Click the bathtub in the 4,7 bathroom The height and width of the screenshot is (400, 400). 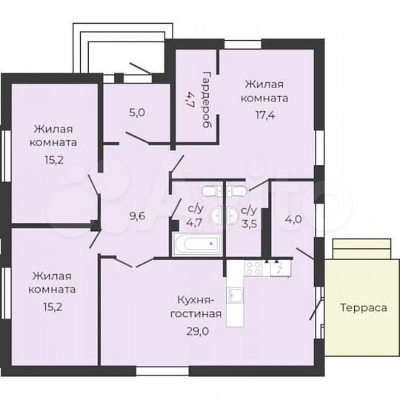coord(197,244)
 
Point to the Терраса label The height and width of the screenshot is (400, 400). coord(364,307)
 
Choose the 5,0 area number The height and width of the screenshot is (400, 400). coord(137,113)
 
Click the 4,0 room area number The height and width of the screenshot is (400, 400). coord(293,219)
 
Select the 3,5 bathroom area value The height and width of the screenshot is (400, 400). coord(249,220)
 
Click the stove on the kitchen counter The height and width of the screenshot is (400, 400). coord(255,267)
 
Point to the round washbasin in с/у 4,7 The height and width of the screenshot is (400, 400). coord(216,216)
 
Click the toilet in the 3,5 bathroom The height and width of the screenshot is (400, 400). coord(236,191)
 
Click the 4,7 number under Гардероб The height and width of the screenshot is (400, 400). coord(189,97)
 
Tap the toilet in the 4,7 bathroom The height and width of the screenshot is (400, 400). coord(210,191)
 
